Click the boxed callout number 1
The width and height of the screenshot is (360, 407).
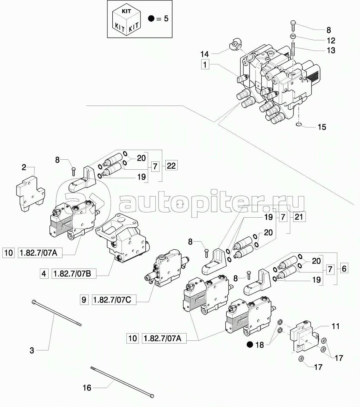pos(205,64)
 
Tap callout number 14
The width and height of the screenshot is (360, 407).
pos(205,54)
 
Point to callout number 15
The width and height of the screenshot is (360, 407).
pos(321,127)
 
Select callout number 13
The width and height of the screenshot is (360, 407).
pos(331,50)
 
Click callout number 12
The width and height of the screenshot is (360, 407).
pos(331,40)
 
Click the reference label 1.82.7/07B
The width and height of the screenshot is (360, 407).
pos(74,274)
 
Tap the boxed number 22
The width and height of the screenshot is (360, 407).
pos(171,166)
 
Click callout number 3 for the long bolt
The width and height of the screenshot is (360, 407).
pos(32,351)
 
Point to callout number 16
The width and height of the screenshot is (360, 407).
pos(87,388)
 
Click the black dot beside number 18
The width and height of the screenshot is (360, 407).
pos(250,344)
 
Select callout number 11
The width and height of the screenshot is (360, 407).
pos(336,326)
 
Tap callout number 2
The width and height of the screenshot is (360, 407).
pos(24,168)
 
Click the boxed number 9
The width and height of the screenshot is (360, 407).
pos(84,300)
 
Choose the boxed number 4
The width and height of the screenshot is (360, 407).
pos(44,274)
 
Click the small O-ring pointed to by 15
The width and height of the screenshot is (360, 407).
pos(299,125)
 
